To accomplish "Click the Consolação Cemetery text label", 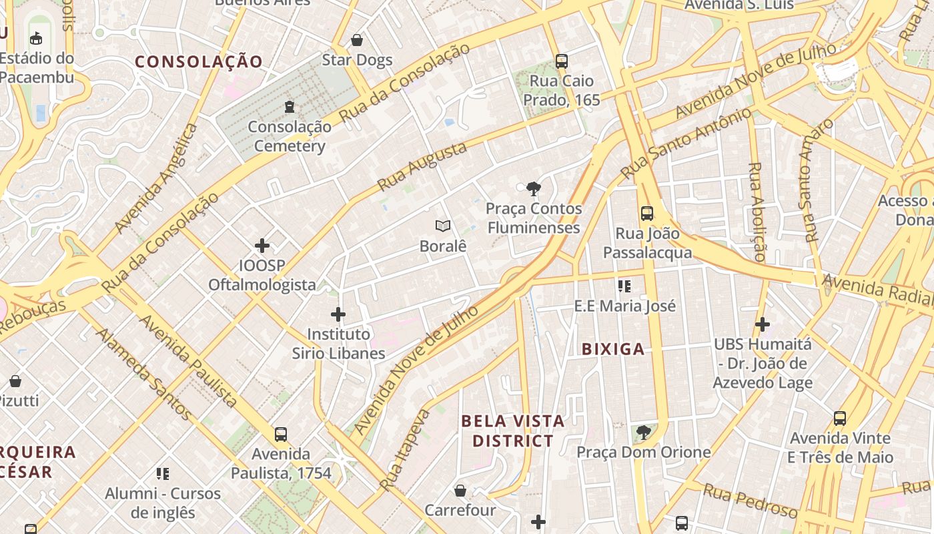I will click(x=290, y=136).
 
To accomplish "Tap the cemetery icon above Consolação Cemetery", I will click(x=290, y=107).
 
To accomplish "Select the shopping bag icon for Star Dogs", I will click(x=357, y=41).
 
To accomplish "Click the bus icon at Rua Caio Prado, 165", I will click(x=562, y=61).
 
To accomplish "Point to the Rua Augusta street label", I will click(x=422, y=166).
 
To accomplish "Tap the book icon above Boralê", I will click(x=442, y=226).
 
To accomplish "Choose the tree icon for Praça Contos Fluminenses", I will click(x=533, y=189).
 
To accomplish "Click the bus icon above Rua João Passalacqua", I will click(x=647, y=214).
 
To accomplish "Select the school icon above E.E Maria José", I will click(x=624, y=286).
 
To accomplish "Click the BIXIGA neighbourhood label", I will click(x=613, y=349).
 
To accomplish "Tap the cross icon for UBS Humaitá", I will click(x=762, y=325).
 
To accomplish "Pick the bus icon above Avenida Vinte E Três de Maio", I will click(x=840, y=419).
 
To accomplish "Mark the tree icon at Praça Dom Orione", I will click(x=644, y=433).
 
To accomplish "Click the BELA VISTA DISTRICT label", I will click(x=513, y=431).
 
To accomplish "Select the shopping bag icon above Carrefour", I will click(x=460, y=491).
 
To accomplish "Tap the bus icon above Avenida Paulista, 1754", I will click(x=281, y=435).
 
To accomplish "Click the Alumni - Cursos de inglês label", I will click(x=163, y=503).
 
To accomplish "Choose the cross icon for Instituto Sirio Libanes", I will click(x=338, y=314).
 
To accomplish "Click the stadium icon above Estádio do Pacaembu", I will click(x=36, y=39).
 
